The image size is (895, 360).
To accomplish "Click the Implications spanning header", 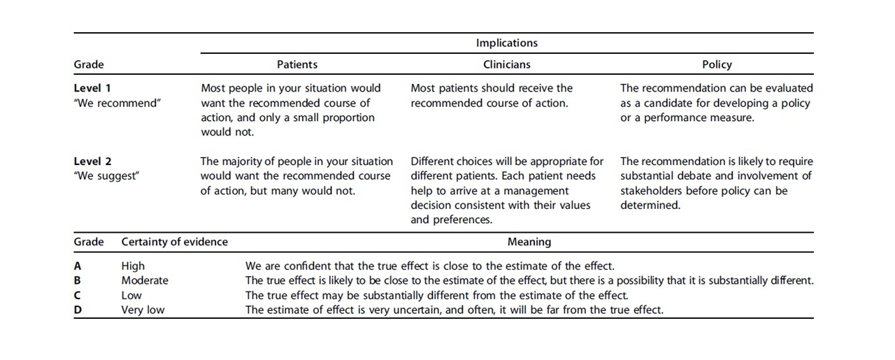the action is pos(507,43).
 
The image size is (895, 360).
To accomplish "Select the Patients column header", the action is pos(297,64).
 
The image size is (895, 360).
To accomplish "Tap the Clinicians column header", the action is pos(507,64).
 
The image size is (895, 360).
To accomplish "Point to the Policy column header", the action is pos(717,64).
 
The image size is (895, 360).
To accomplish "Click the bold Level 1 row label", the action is pos(92,88).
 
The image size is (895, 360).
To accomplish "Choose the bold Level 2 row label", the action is pos(92,161).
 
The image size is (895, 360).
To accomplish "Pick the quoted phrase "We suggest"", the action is pos(106,176).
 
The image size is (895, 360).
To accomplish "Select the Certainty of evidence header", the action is pos(174,242).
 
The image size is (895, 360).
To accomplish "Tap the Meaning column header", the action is pos(529,242).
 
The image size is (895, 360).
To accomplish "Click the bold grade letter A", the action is pos(78,266).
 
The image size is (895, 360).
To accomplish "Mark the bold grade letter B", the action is pos(78,280).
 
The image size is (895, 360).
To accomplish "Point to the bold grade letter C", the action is pos(78,295).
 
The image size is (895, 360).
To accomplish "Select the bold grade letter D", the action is pos(78,310).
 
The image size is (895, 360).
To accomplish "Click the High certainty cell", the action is pos(133,266).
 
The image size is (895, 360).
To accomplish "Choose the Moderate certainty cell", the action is pos(145,280).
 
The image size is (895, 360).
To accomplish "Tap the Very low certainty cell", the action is pos(143,310).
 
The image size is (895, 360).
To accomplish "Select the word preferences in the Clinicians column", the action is pos(463,220).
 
